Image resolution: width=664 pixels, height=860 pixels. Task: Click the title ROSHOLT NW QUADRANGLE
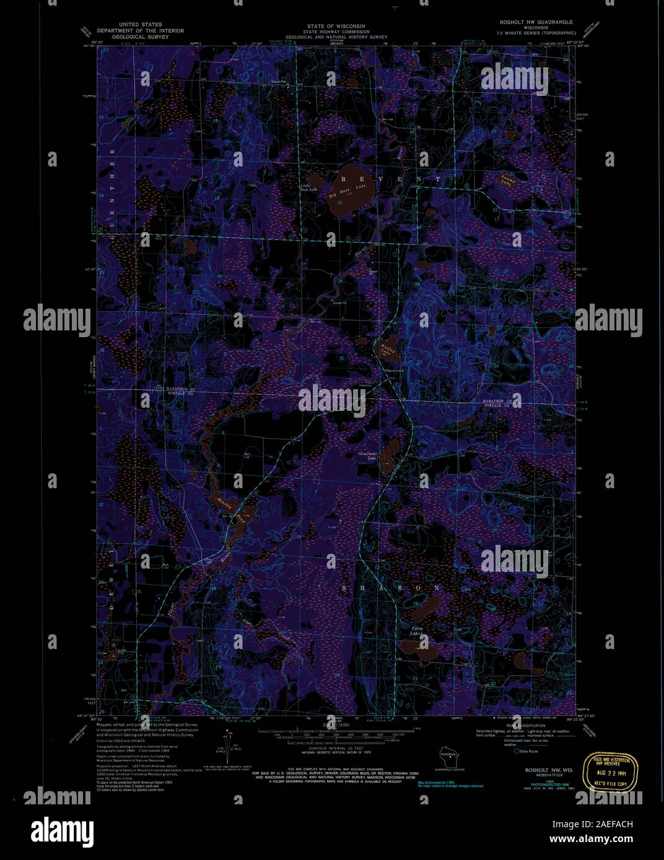click(x=536, y=22)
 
